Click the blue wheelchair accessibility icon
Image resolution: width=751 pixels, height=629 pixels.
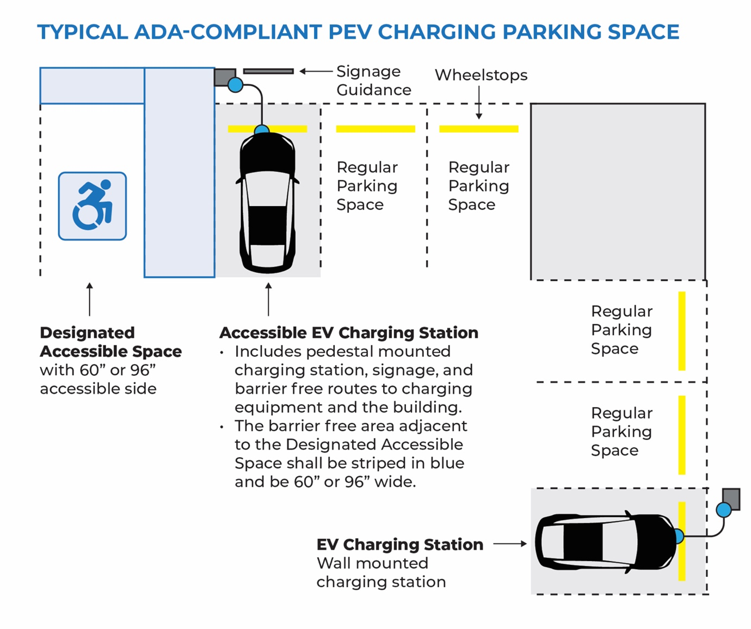(x=93, y=206)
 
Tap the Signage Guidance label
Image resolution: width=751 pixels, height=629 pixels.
(x=373, y=81)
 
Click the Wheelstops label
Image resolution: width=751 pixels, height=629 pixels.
(x=481, y=75)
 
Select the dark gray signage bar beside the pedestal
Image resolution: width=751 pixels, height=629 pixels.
(x=268, y=71)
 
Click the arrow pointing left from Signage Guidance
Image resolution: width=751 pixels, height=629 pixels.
(x=316, y=71)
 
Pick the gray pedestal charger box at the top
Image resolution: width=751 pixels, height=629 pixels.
(x=224, y=76)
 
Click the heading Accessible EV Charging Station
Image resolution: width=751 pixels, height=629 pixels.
(x=349, y=332)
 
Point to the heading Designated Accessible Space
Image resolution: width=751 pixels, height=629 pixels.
(x=110, y=342)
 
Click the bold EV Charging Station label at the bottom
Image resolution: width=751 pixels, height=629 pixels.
(x=400, y=544)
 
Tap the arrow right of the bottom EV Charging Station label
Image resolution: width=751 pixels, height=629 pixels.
(x=510, y=544)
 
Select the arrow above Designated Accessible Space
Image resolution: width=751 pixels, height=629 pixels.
(x=90, y=299)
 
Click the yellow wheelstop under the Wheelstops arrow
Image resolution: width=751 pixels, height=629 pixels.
(x=479, y=129)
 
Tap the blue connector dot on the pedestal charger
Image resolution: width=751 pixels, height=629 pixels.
(x=235, y=85)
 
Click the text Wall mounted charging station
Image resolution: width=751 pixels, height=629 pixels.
(x=381, y=572)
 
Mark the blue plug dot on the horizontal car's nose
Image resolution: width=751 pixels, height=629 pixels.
(x=679, y=536)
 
